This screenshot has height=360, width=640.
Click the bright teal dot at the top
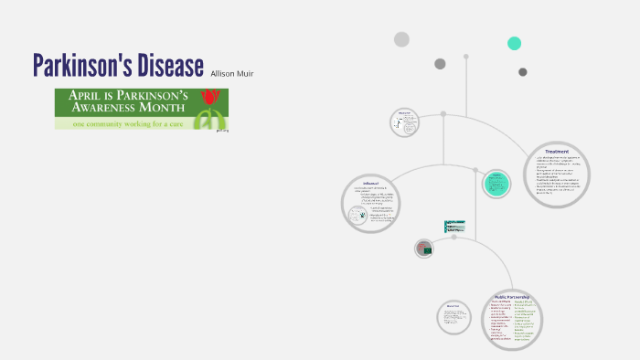pos(515,43)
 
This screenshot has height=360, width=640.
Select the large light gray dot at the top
pos(401,39)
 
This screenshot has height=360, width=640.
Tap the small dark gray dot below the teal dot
pos(523,72)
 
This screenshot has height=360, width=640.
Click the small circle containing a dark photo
pos(423,248)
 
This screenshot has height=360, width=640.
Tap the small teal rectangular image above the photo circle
pos(454,225)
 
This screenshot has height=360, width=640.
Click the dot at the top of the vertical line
pos(465,57)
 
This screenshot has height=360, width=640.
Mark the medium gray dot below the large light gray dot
pos(440,64)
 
